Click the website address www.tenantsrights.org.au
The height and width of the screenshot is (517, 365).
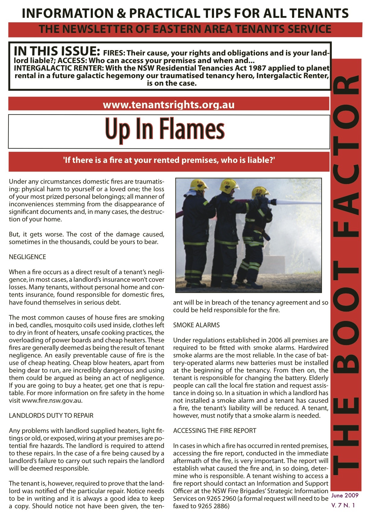pos(168,105)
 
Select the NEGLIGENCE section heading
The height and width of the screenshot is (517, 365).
pos(27,257)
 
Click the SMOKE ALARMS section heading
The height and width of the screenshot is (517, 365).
pos(196,325)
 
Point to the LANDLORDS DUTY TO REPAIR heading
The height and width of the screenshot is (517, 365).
pos(51,416)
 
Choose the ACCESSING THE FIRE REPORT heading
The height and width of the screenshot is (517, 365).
pos(215,431)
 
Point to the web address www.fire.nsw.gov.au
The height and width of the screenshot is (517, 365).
pos(52,401)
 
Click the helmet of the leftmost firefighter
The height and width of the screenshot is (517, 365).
pos(198,185)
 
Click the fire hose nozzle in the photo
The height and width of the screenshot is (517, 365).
pos(273,201)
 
